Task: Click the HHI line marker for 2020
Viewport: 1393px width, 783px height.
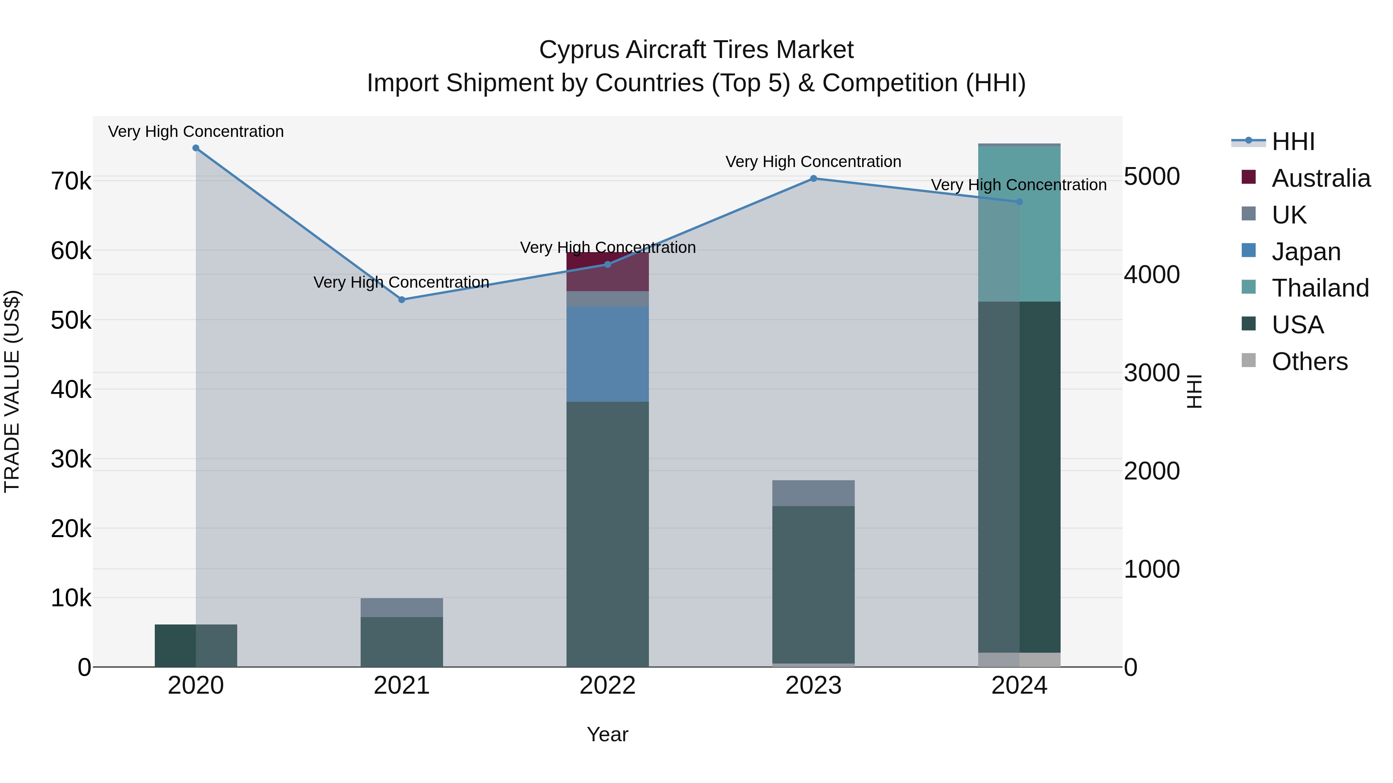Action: pos(196,148)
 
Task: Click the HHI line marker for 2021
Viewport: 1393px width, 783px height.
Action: pos(402,299)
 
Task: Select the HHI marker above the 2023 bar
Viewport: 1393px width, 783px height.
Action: pos(813,178)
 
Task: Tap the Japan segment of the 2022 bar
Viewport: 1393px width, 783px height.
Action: pos(607,354)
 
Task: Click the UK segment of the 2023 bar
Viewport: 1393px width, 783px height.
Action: pos(813,493)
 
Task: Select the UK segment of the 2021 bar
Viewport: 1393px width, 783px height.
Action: pos(402,607)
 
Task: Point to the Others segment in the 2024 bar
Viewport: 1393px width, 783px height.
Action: pos(1019,659)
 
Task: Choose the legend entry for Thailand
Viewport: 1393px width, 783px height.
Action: pos(1320,288)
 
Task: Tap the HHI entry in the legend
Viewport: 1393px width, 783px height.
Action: pos(1292,142)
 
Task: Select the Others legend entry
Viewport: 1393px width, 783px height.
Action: pos(1309,362)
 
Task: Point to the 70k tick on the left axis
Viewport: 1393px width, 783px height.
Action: pos(71,182)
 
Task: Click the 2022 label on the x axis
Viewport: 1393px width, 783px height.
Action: pos(607,686)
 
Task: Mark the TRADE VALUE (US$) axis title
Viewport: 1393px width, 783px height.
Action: pos(12,391)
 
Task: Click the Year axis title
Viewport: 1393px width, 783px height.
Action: pos(607,734)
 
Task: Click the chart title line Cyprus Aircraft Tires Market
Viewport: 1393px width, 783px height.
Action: pos(696,50)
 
